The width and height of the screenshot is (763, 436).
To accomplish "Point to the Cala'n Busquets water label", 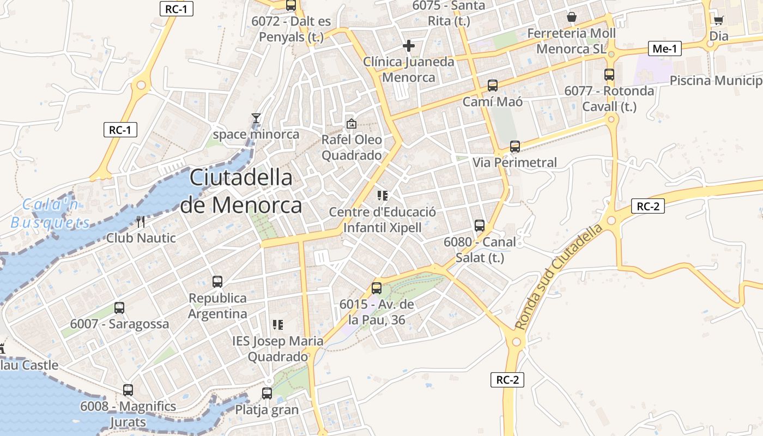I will pyautogui.click(x=51, y=213).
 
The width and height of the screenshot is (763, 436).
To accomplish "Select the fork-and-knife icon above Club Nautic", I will pyautogui.click(x=141, y=222).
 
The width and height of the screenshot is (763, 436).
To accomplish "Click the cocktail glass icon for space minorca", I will pyautogui.click(x=256, y=118).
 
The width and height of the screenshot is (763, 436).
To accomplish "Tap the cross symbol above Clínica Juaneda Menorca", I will pyautogui.click(x=408, y=46).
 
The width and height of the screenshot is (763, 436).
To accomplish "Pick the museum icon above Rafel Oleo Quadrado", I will pyautogui.click(x=352, y=124).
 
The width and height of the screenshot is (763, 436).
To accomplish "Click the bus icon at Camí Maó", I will pyautogui.click(x=493, y=86).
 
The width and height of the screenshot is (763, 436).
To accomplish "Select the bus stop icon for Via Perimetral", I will pyautogui.click(x=515, y=147).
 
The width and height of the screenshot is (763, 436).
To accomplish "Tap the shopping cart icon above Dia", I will pyautogui.click(x=718, y=20).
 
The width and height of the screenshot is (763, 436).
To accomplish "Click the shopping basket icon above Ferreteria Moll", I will pyautogui.click(x=571, y=17).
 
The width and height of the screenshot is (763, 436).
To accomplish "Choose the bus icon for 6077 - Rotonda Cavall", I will pyautogui.click(x=609, y=75).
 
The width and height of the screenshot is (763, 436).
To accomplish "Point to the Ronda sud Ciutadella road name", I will pyautogui.click(x=559, y=276).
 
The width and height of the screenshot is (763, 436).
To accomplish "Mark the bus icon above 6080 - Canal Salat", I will pyautogui.click(x=480, y=225).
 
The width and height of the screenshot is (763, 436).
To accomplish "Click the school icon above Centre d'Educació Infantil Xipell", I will pyautogui.click(x=382, y=195).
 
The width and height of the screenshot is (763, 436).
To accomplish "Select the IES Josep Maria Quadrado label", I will pyautogui.click(x=277, y=349).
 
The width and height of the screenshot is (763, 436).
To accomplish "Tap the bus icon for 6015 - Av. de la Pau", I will pyautogui.click(x=377, y=288).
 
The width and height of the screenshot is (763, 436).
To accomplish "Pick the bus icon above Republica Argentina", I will pyautogui.click(x=217, y=282).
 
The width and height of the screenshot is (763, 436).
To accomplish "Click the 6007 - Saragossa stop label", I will pyautogui.click(x=120, y=324).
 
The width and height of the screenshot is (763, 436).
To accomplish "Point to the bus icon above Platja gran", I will pyautogui.click(x=267, y=393).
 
